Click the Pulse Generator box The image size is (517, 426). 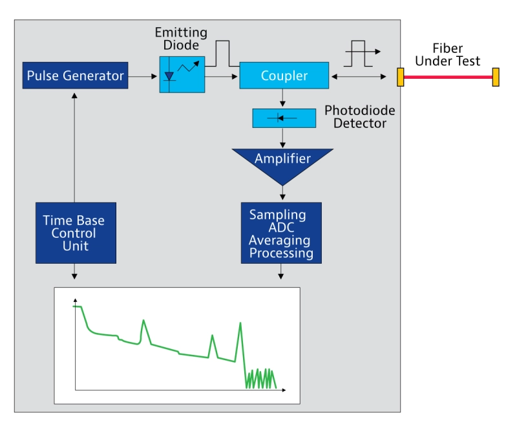(x=75, y=76)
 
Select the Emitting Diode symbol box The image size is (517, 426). (x=182, y=74)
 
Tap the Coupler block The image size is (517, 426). (x=284, y=76)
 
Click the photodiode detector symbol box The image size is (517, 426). (x=284, y=118)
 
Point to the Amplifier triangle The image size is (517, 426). (x=282, y=162)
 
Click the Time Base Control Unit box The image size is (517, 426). (x=76, y=233)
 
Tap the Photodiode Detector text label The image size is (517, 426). (x=359, y=116)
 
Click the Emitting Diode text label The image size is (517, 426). (x=181, y=39)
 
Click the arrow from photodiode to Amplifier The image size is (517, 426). (x=283, y=138)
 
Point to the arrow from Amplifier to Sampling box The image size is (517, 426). (x=282, y=193)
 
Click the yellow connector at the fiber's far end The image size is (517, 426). (x=496, y=77)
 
